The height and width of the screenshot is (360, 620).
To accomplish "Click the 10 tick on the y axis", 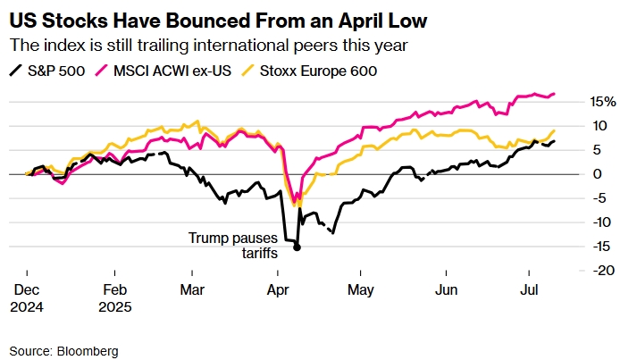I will [x=581, y=125].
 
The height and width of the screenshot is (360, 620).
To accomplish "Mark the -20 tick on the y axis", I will [x=579, y=270].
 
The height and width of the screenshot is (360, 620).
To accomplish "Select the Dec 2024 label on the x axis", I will [x=27, y=298].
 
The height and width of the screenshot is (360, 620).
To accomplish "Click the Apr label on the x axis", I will [x=278, y=290].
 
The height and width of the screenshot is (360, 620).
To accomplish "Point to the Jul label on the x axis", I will [x=528, y=290].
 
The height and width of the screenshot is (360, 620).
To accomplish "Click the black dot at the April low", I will [x=297, y=247].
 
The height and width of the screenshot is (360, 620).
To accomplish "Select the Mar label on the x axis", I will [x=192, y=290].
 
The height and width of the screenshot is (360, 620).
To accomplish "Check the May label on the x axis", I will [x=360, y=290].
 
